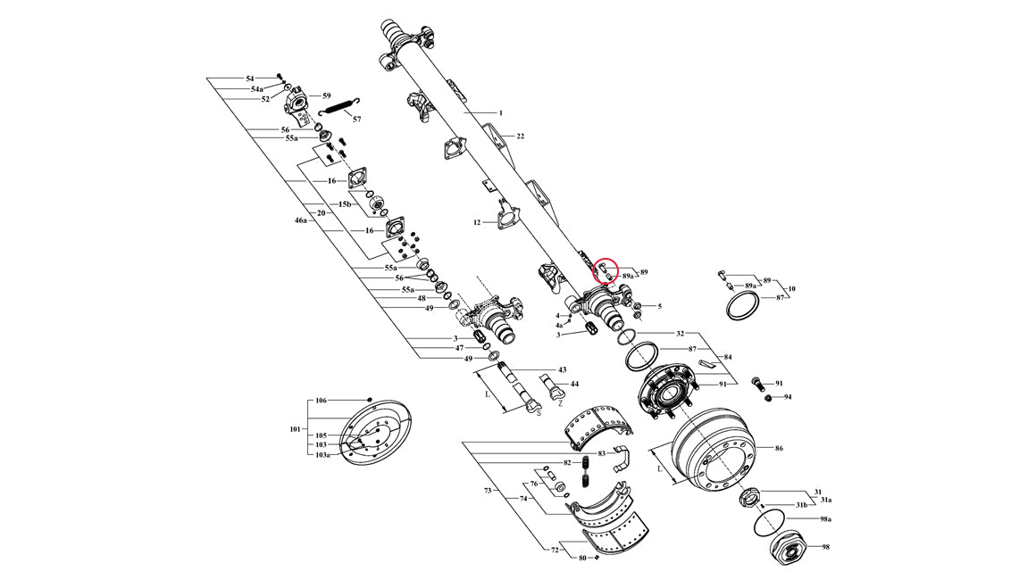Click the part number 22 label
(x=520, y=137)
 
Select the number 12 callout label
(x=477, y=222)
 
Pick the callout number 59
(x=326, y=95)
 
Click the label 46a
(x=301, y=219)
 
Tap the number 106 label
(x=322, y=401)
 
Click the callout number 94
(x=788, y=397)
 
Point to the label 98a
(x=825, y=519)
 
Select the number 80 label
(x=582, y=559)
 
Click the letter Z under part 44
(x=560, y=403)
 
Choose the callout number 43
(x=562, y=369)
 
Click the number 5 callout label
(x=659, y=307)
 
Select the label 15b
(x=344, y=204)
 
